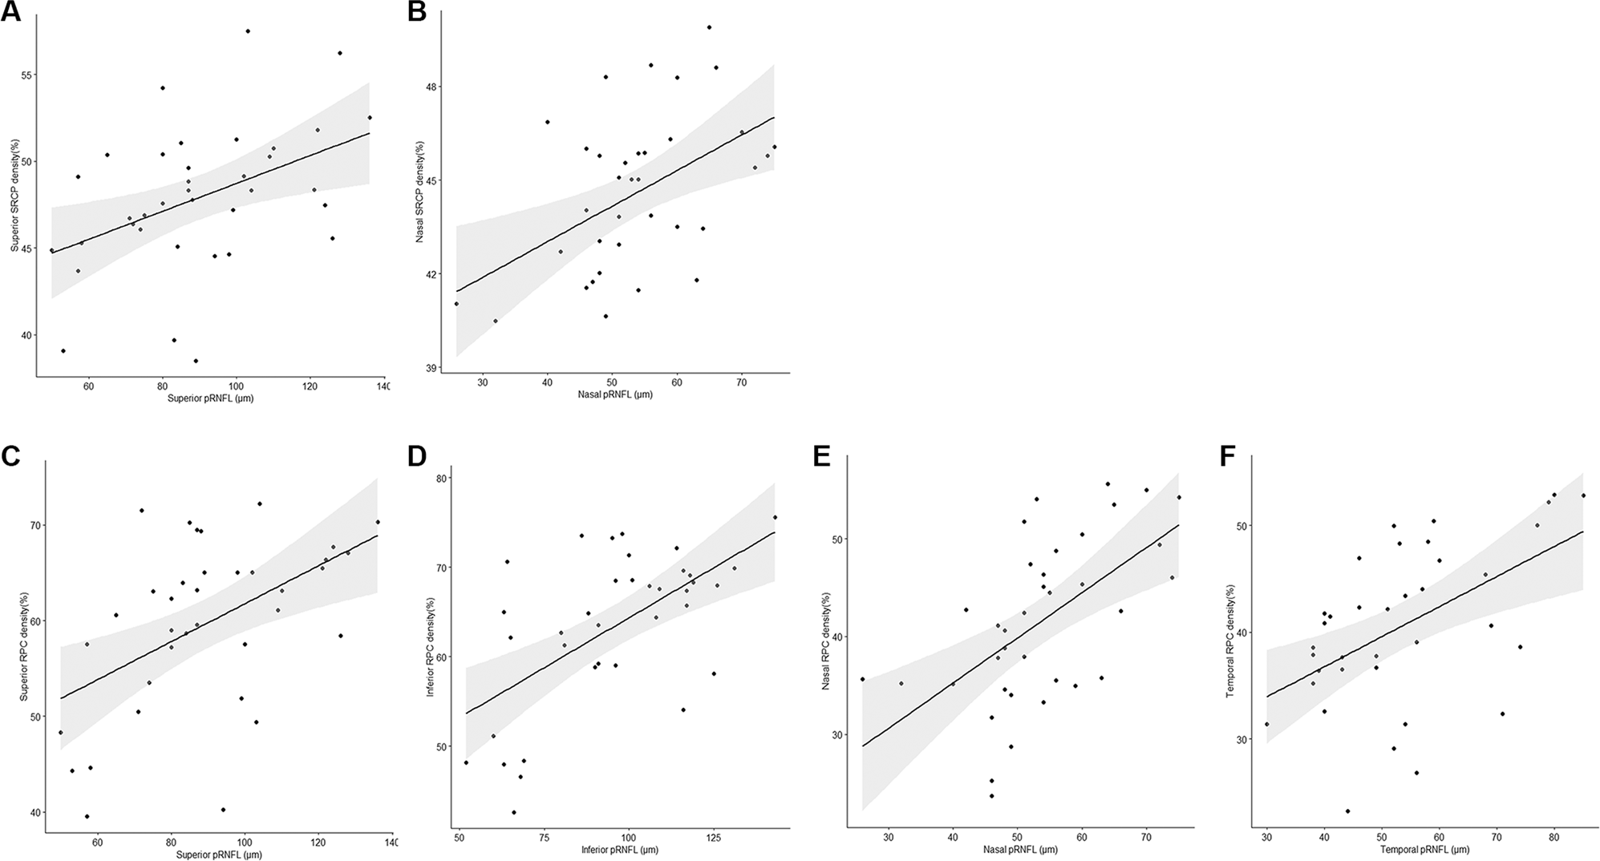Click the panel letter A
pyautogui.click(x=11, y=14)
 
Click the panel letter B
pyautogui.click(x=417, y=14)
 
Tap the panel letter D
pyautogui.click(x=417, y=456)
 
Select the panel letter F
pyautogui.click(x=1227, y=456)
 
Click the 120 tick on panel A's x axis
pyautogui.click(x=310, y=387)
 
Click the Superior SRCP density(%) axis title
pyautogui.click(x=14, y=196)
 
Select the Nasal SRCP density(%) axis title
pyautogui.click(x=419, y=192)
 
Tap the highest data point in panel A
pyautogui.click(x=248, y=31)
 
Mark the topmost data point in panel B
pyautogui.click(x=709, y=27)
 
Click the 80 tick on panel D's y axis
pyautogui.click(x=440, y=479)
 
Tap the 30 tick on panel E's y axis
pyautogui.click(x=838, y=735)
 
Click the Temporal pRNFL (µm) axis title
pyautogui.click(x=1424, y=849)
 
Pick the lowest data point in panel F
pyautogui.click(x=1347, y=811)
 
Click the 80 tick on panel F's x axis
pyautogui.click(x=1553, y=838)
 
